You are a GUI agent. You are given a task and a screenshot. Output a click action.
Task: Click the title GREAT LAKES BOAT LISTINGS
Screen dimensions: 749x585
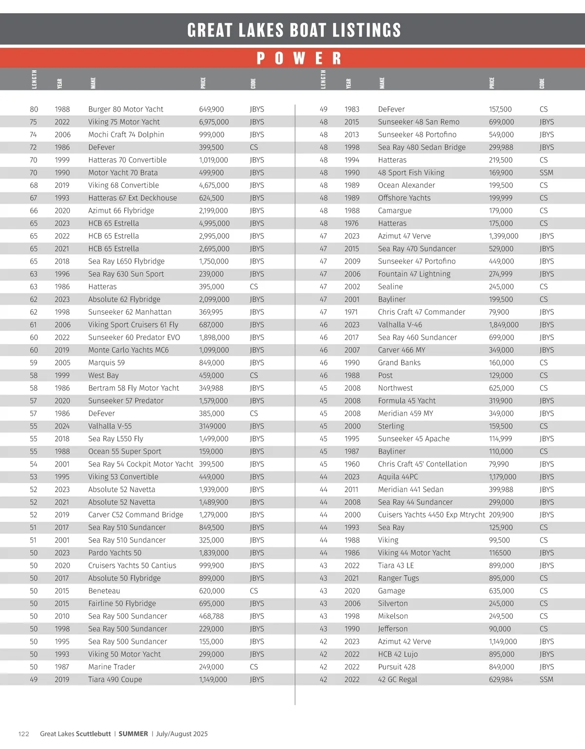pyautogui.click(x=294, y=30)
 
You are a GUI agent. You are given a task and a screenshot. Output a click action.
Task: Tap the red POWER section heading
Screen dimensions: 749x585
pyautogui.click(x=298, y=59)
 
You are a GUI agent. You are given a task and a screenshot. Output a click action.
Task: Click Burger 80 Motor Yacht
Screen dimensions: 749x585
pyautogui.click(x=125, y=109)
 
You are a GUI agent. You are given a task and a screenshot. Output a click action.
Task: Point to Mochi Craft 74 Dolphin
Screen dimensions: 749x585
pyautogui.click(x=126, y=135)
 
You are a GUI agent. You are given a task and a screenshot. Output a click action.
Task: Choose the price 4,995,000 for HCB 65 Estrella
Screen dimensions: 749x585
pyautogui.click(x=214, y=223)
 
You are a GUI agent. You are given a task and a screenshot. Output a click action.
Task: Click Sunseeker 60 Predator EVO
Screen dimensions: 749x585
pyautogui.click(x=134, y=338)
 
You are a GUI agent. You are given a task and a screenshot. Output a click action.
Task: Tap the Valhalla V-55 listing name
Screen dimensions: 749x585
pyautogui.click(x=110, y=426)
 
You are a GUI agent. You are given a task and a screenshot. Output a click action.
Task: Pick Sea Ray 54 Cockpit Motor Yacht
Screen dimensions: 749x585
pyautogui.click(x=140, y=464)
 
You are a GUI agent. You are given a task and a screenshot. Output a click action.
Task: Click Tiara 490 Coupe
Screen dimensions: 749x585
pyautogui.click(x=115, y=680)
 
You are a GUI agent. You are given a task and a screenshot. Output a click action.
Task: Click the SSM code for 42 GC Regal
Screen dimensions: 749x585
pyautogui.click(x=546, y=680)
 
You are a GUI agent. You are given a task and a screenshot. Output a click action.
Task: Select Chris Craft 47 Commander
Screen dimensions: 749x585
pyautogui.click(x=421, y=312)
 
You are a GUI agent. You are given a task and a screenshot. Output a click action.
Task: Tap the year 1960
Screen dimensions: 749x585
pyautogui.click(x=352, y=464)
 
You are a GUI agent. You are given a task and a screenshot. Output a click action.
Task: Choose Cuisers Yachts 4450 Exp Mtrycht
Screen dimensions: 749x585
pyautogui.click(x=431, y=515)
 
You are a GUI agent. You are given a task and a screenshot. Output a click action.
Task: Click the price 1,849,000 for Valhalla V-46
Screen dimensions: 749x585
pyautogui.click(x=504, y=325)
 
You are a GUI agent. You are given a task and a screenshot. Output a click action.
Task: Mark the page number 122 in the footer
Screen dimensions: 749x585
pyautogui.click(x=24, y=734)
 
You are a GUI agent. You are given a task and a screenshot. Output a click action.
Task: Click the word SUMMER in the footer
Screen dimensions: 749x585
pyautogui.click(x=133, y=734)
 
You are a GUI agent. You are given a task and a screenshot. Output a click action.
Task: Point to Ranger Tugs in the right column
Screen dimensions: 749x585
pyautogui.click(x=398, y=578)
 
